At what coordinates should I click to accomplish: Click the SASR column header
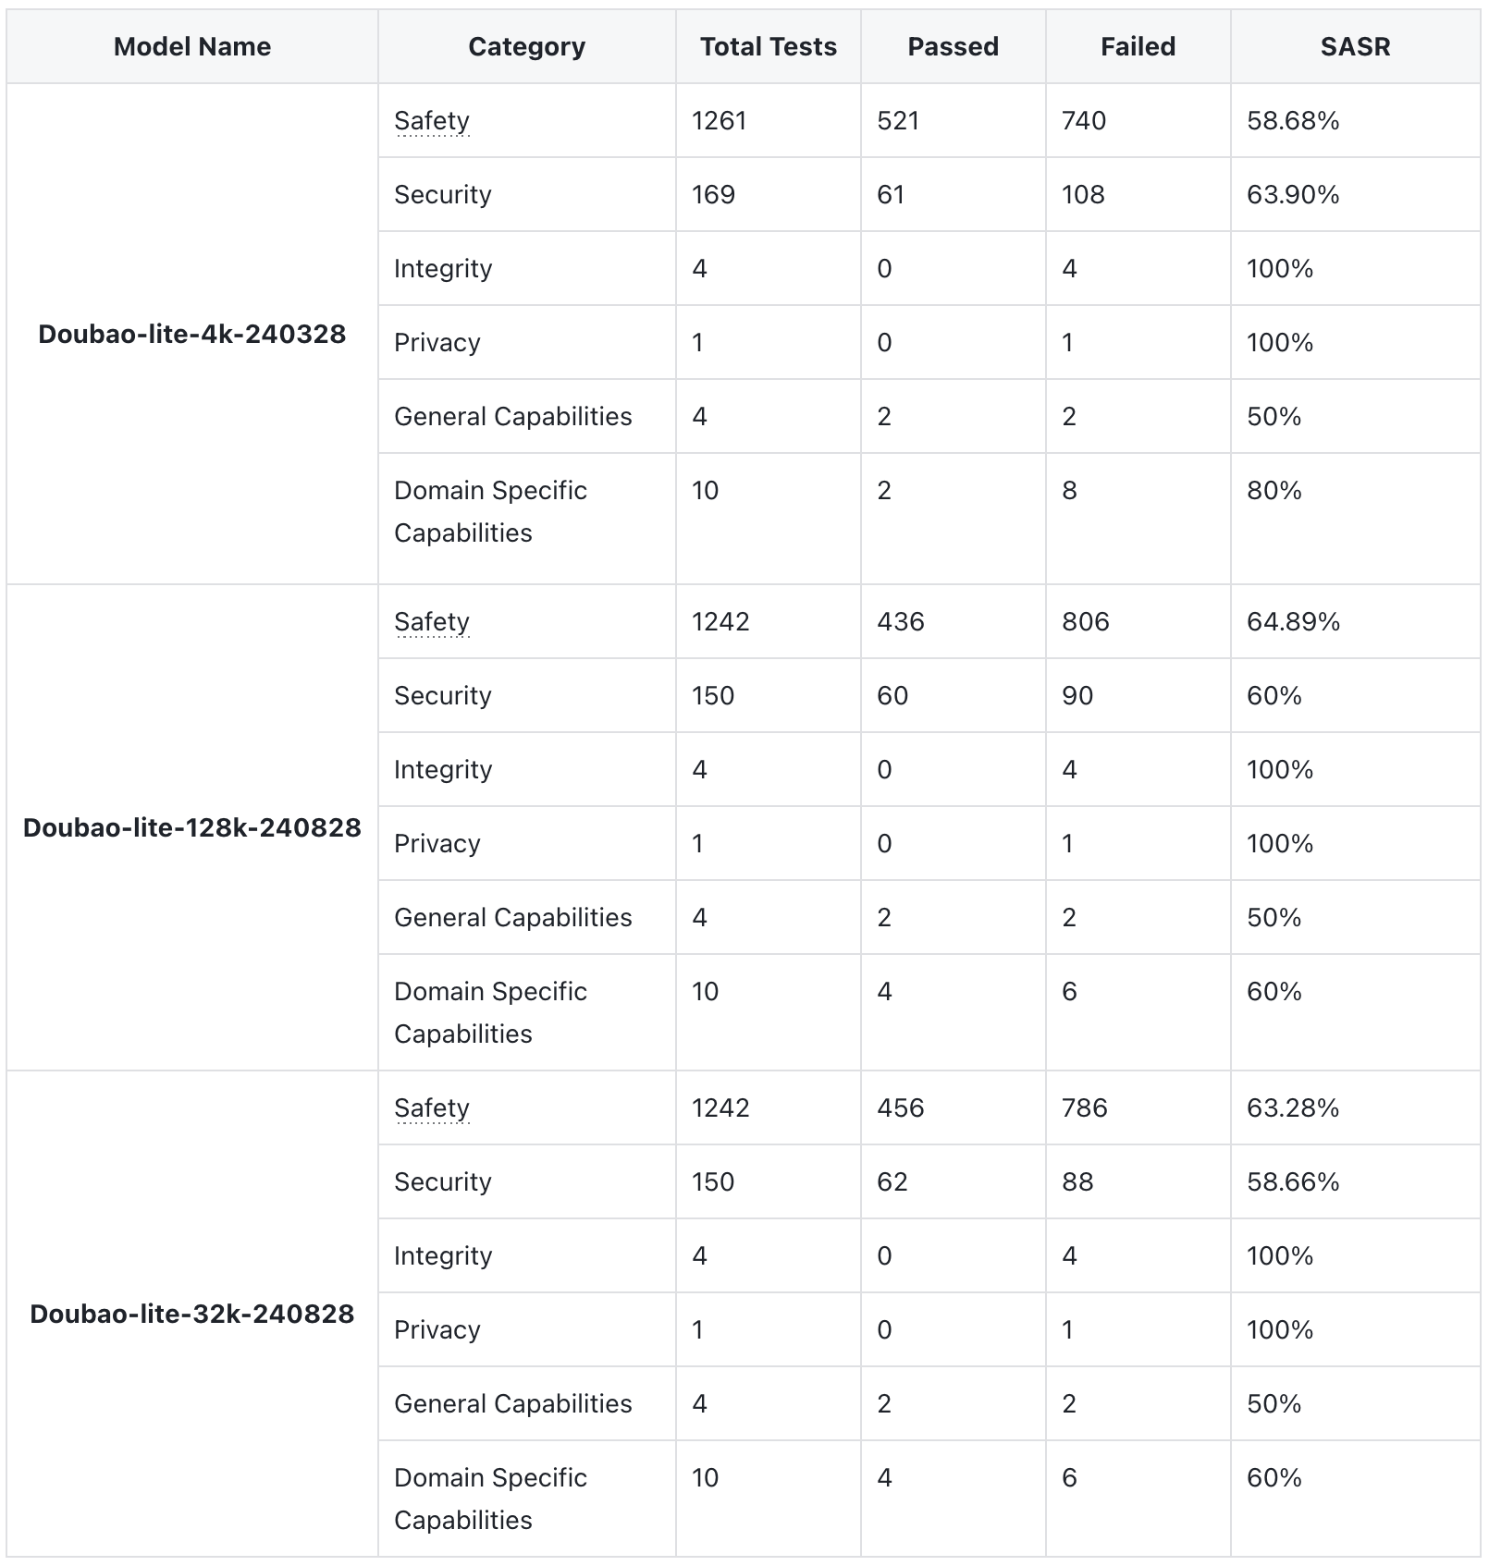[1355, 46]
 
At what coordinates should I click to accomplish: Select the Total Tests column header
[768, 46]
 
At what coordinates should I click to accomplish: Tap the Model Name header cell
[192, 46]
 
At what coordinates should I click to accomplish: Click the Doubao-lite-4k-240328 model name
[192, 334]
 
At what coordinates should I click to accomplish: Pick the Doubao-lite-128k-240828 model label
[192, 827]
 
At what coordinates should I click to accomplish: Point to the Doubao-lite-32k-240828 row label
[192, 1314]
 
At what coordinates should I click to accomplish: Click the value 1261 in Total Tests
[719, 120]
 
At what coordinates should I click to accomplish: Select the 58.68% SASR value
[1293, 120]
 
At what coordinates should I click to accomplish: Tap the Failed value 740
[1084, 120]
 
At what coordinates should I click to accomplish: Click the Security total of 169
[713, 194]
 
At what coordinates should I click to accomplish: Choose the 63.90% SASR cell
[1293, 194]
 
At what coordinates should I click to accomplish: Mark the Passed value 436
[901, 621]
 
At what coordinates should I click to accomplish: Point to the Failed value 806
[1086, 621]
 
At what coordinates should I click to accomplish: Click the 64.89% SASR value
[1293, 621]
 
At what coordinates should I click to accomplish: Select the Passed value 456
[901, 1107]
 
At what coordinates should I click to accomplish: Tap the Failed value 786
[1085, 1107]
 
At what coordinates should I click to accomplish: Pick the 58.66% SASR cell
[1293, 1181]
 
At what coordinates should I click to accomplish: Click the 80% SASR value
[1274, 490]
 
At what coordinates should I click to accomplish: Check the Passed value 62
[892, 1181]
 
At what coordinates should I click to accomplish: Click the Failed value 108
[1083, 194]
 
